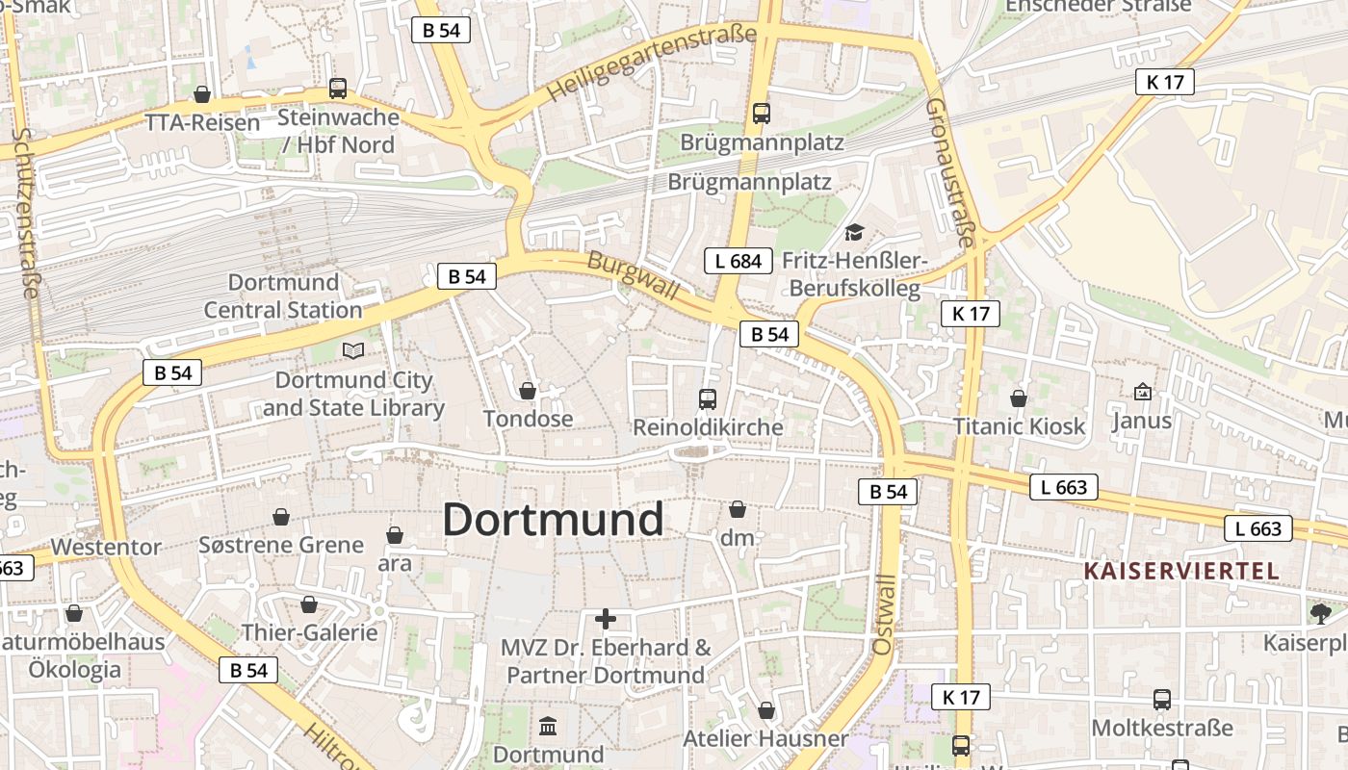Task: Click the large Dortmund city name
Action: [553, 520]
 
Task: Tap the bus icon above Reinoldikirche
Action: [708, 398]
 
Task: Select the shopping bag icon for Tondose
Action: [528, 391]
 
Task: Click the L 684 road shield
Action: [739, 260]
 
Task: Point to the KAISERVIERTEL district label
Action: [1181, 571]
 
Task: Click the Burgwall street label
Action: [633, 276]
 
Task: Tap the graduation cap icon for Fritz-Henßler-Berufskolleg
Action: [853, 233]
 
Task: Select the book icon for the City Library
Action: [353, 351]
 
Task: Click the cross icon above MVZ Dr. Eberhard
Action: [606, 619]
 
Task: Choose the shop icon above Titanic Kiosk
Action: [1019, 398]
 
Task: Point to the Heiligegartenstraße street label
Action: [652, 64]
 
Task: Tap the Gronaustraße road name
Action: [951, 173]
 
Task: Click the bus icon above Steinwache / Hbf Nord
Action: [338, 89]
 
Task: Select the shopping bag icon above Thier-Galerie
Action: [309, 604]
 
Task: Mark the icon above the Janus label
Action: [1142, 392]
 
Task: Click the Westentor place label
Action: [106, 547]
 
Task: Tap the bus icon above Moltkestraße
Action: [1162, 700]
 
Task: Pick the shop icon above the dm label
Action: [738, 509]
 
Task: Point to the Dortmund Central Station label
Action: [283, 296]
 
